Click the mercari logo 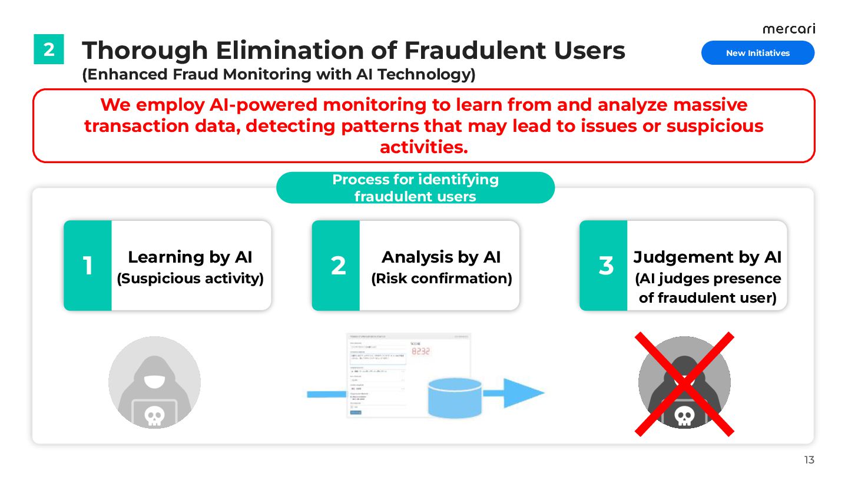789,29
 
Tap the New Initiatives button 757,53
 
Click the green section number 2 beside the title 49,49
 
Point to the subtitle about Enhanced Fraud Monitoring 279,75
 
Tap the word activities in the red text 423,147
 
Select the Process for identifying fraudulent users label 415,188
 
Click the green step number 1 88,266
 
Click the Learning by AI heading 190,257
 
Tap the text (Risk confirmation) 441,279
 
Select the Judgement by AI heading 707,257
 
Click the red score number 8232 420,351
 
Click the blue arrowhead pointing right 524,393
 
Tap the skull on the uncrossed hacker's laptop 154,416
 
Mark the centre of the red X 684,384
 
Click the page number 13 809,460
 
